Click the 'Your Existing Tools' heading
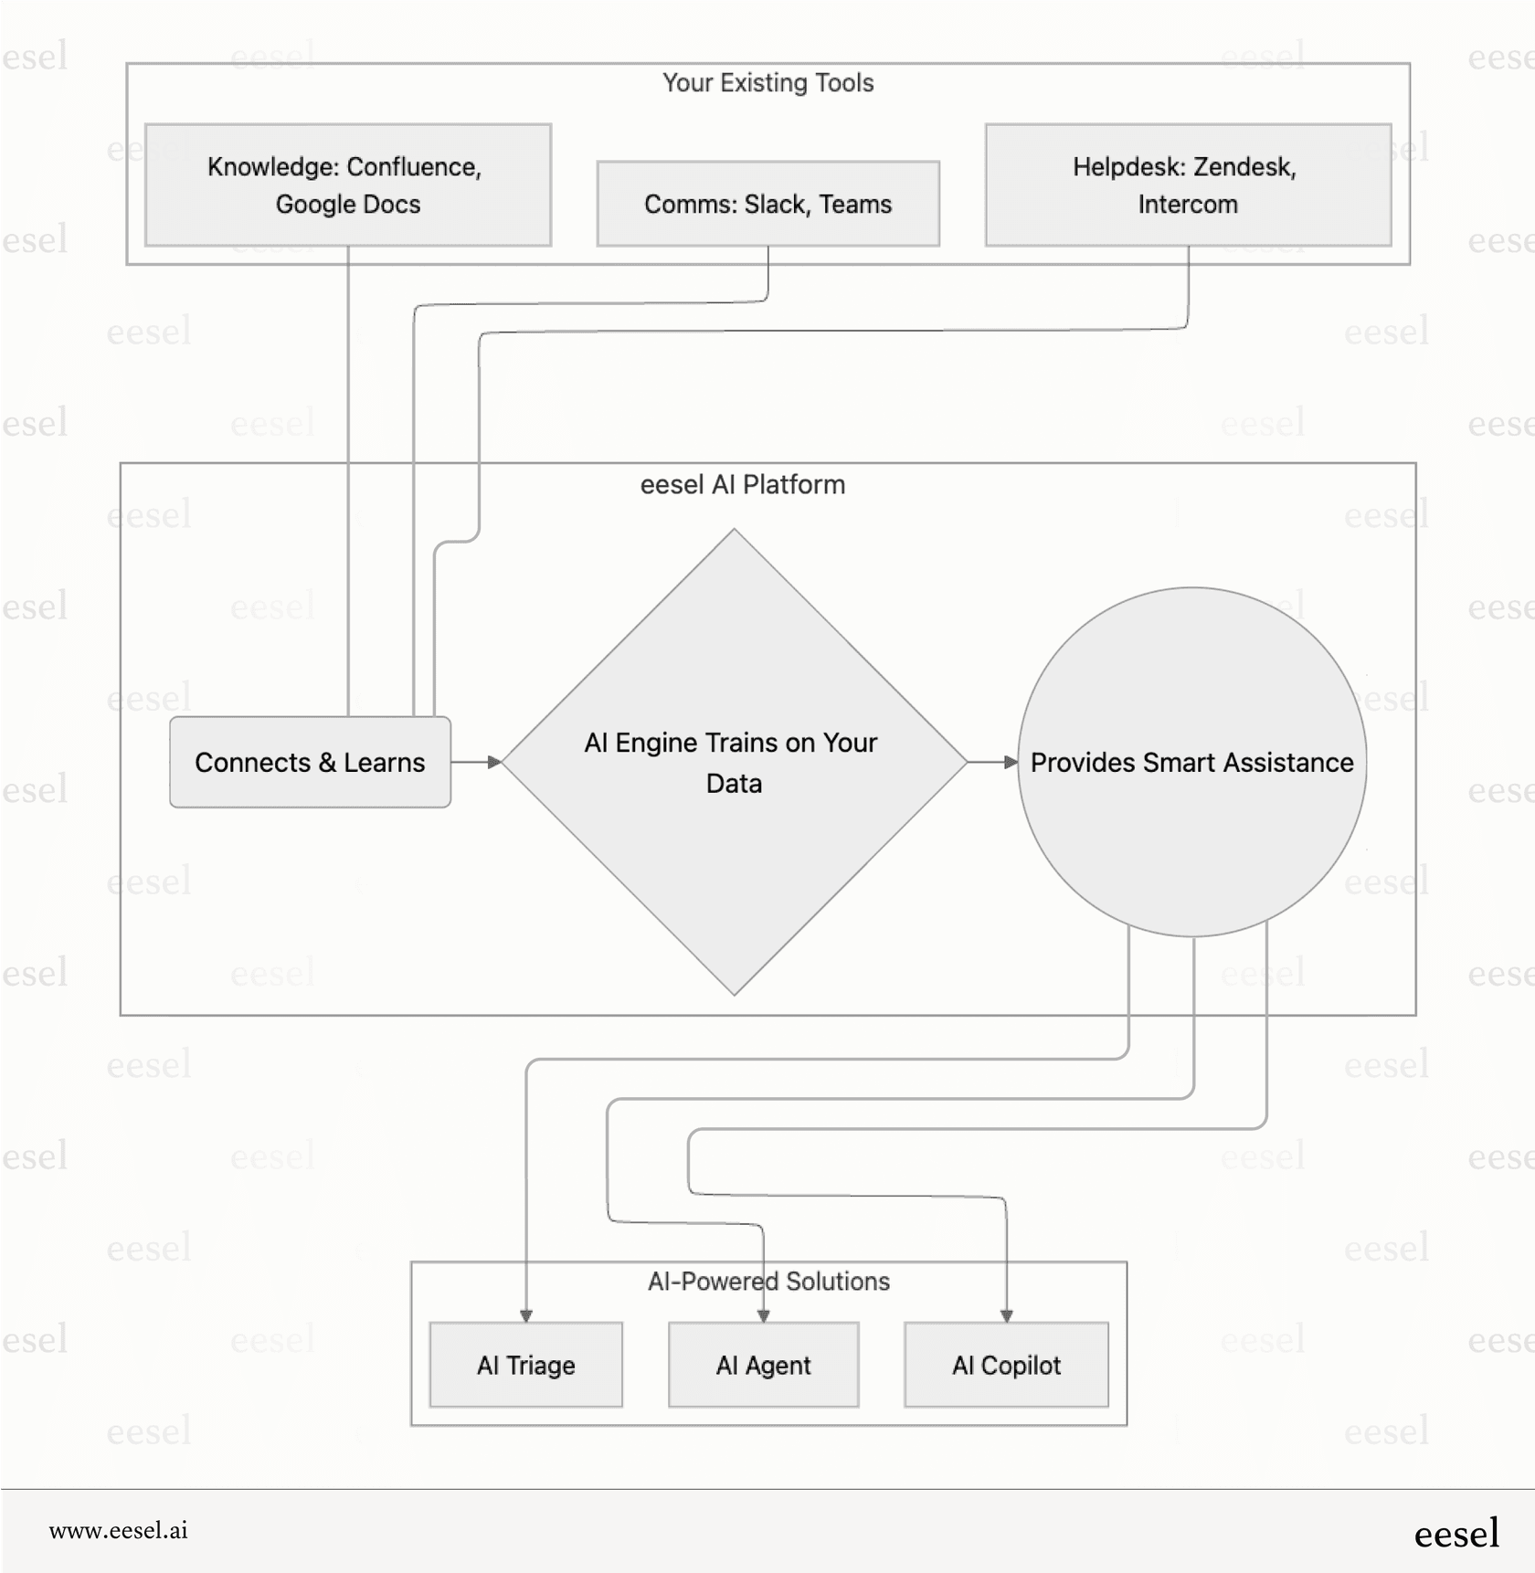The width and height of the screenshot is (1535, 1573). (767, 83)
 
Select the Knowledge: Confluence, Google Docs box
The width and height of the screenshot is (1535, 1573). (347, 185)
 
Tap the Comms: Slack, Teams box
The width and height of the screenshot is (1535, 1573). (767, 204)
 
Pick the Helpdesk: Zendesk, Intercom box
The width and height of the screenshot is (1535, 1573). (1187, 185)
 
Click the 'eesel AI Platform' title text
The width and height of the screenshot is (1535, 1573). (742, 485)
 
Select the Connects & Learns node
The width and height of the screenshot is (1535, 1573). (310, 763)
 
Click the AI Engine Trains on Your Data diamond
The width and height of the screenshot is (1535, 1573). (734, 763)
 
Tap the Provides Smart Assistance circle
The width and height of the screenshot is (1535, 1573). (1191, 763)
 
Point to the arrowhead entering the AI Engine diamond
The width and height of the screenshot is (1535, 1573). (494, 762)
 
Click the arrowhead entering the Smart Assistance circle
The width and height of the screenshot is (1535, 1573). (1011, 762)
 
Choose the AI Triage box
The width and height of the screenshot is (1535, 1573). (525, 1365)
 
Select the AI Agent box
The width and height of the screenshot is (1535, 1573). (763, 1365)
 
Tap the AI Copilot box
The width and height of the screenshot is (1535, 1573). (1006, 1365)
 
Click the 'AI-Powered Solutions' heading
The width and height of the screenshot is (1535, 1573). (768, 1282)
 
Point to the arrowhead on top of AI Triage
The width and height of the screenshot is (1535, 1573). (526, 1315)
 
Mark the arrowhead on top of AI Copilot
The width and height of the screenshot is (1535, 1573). (1006, 1315)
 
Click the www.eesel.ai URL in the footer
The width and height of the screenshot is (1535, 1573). (119, 1531)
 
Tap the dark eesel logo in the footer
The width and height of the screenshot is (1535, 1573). (1456, 1533)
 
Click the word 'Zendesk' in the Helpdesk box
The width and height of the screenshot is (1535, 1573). (1244, 167)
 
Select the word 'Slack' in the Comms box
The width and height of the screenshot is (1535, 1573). (776, 205)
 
